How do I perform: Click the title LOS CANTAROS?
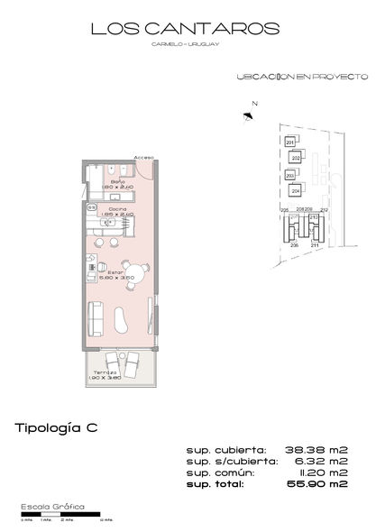188,31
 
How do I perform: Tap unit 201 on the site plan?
290,142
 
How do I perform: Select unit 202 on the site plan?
294,158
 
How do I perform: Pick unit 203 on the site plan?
290,175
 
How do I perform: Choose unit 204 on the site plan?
294,190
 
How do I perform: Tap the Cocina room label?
117,210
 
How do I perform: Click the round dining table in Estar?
133,280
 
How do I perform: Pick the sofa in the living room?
94,319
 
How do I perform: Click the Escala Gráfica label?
52,509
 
